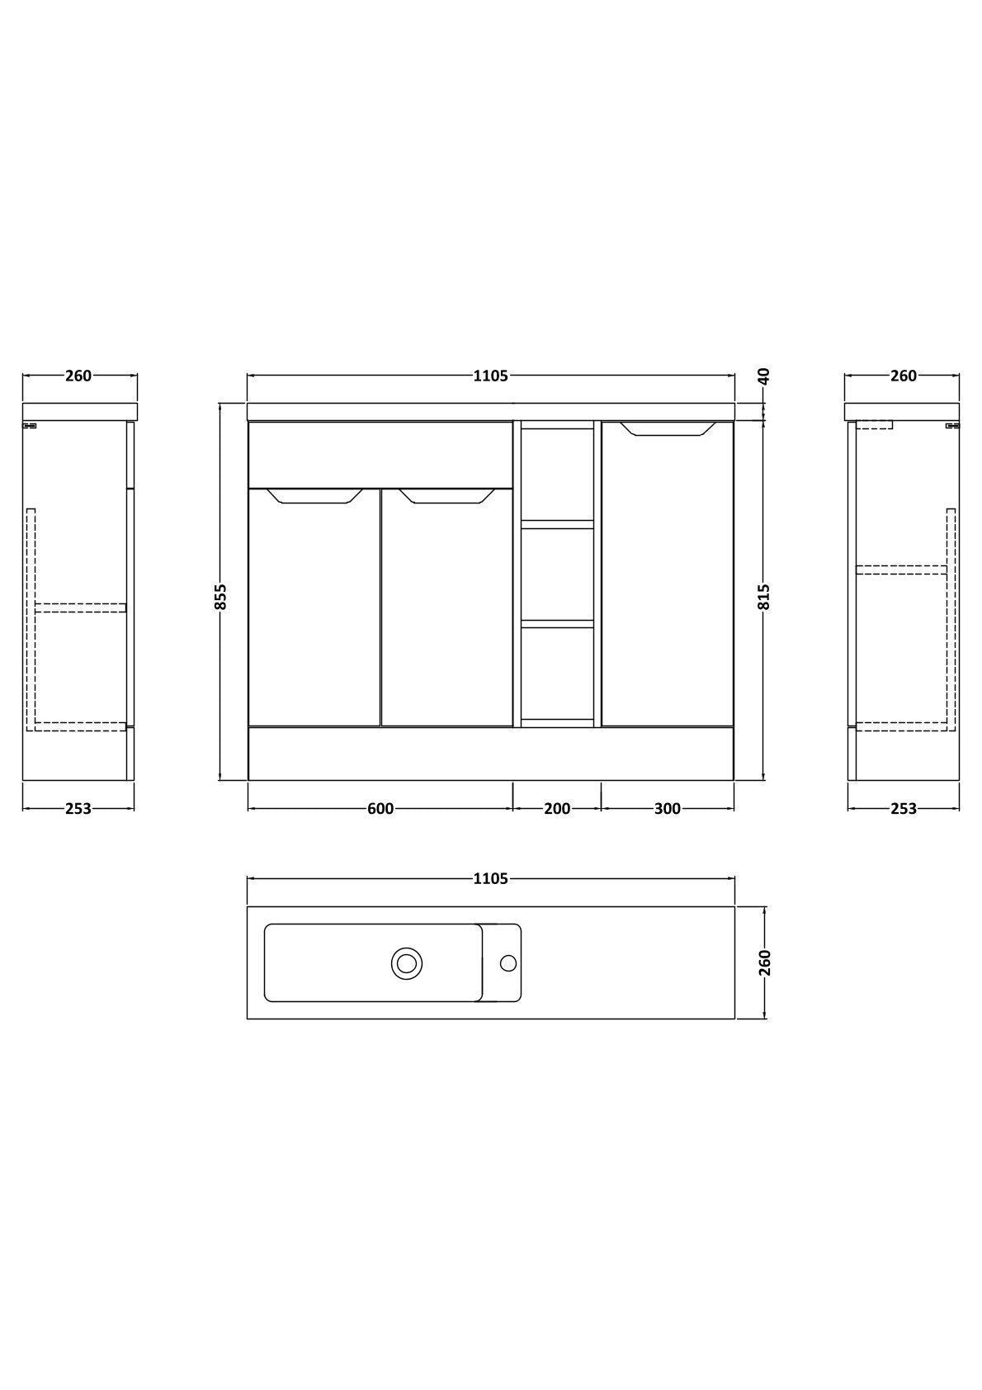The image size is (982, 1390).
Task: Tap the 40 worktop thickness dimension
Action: tap(764, 376)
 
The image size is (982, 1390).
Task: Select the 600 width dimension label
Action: tap(380, 809)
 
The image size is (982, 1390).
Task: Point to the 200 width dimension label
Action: tap(557, 809)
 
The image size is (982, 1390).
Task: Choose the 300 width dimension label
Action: tap(668, 809)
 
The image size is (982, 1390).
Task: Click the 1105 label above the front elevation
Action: tap(491, 376)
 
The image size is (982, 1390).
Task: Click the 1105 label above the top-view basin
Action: tap(491, 879)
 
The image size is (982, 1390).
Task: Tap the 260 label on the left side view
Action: tap(78, 376)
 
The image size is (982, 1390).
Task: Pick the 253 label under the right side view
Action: tap(904, 809)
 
